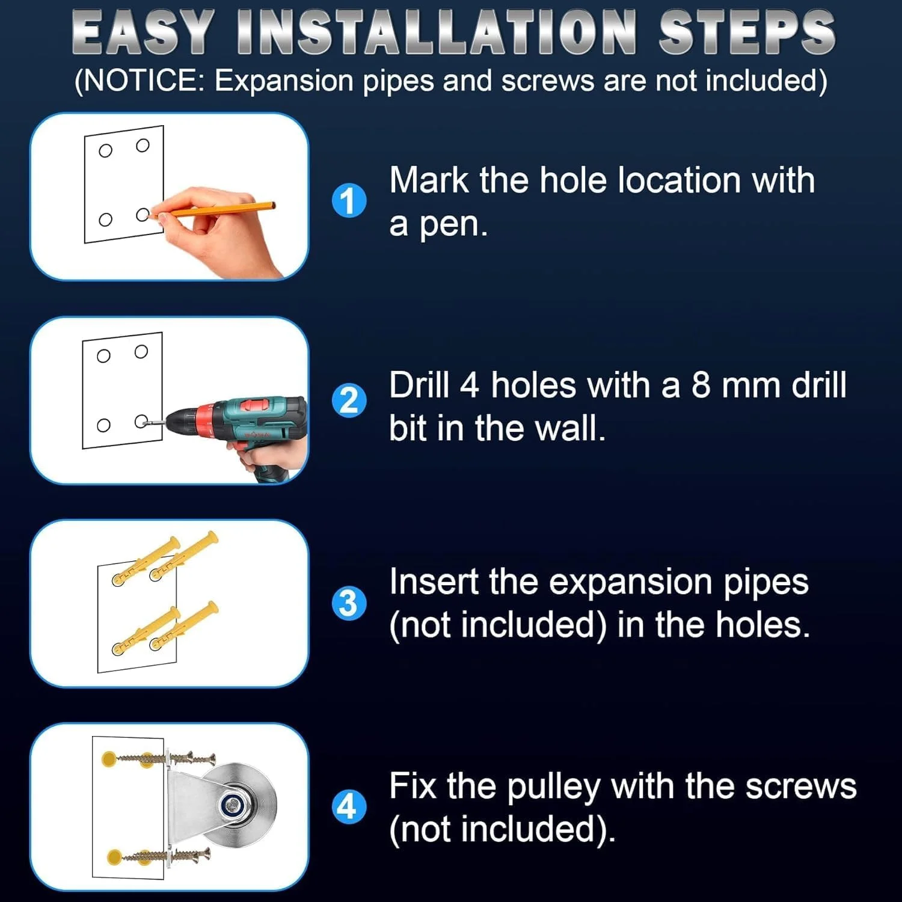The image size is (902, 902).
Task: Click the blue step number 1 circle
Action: tap(349, 201)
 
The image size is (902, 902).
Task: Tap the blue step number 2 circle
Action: tap(349, 400)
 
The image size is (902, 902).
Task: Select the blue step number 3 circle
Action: tap(349, 603)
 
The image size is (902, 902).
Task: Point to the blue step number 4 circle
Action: tap(349, 807)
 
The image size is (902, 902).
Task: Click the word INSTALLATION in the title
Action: tap(437, 32)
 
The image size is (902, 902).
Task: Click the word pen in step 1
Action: tap(452, 225)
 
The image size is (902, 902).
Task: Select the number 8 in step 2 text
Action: tap(701, 385)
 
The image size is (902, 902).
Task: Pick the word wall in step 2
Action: tap(569, 428)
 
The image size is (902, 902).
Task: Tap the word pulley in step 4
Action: tap(553, 788)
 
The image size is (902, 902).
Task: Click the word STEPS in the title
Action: tap(747, 32)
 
